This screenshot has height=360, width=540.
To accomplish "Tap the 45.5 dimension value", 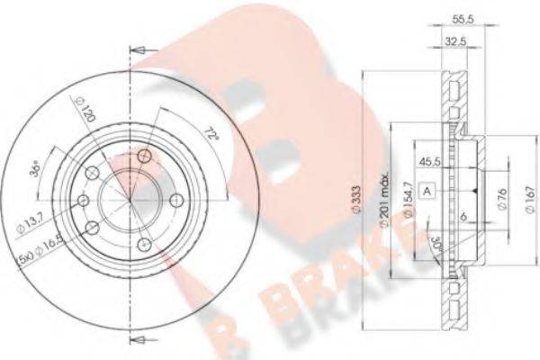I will [430, 164].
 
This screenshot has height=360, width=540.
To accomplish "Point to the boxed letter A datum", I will [429, 190].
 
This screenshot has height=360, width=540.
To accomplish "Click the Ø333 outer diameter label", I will [357, 198].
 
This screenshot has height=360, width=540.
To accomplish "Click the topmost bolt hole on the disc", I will [144, 158].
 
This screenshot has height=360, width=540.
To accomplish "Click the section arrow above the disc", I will [138, 51].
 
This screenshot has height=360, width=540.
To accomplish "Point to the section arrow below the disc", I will [138, 338].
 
